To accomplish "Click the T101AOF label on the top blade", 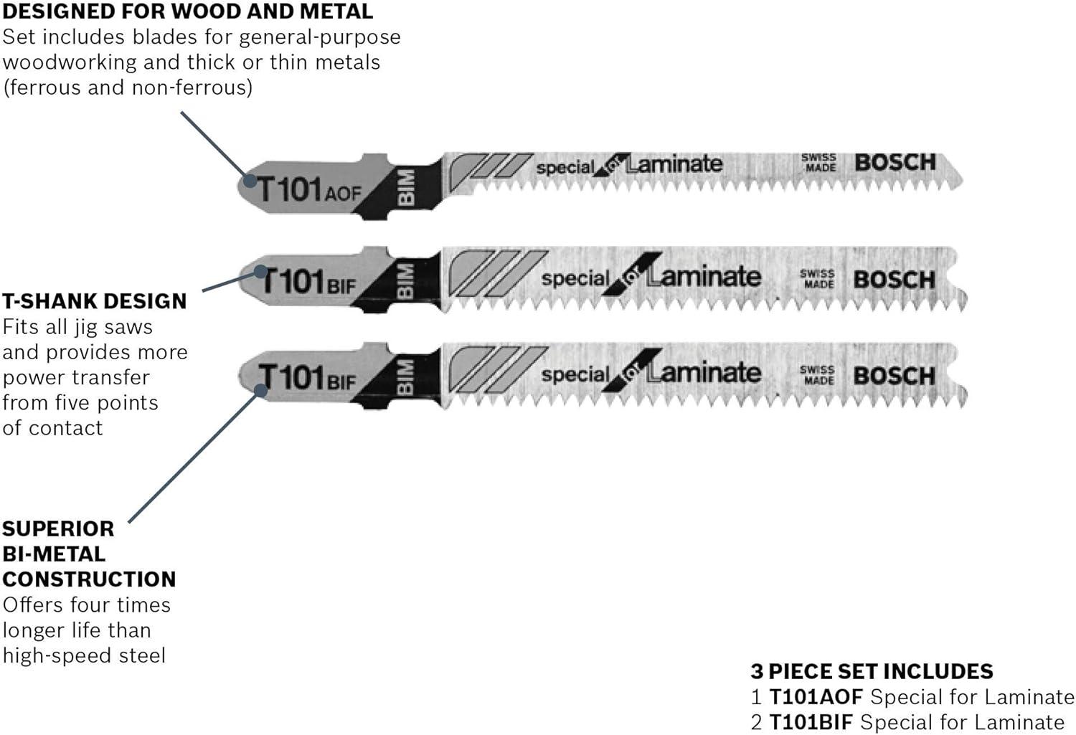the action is tap(309, 190).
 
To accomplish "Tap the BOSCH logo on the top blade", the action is tap(895, 163).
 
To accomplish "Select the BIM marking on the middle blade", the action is tap(405, 280).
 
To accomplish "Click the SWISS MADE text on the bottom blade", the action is tap(817, 374).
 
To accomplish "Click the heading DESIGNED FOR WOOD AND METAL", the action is tap(187, 11).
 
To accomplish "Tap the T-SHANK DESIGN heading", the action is tap(95, 301).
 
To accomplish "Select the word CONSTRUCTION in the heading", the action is tap(90, 579).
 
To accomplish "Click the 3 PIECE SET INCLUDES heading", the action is tap(872, 671).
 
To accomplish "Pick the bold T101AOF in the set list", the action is tap(816, 697).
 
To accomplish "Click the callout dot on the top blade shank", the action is tap(250, 181).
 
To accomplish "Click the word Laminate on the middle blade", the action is tap(704, 277).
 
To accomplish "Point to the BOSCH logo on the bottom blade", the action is tap(894, 376).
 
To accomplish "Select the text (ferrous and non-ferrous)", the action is tap(128, 88).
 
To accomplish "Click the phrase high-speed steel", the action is tap(84, 656).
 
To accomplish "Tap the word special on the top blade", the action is tap(565, 168).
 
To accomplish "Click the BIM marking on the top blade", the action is tap(406, 188).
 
